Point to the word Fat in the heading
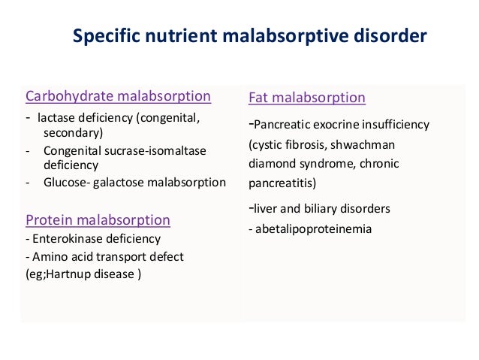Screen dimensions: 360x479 259,98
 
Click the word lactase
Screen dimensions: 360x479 57,118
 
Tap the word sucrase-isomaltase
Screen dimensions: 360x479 152,150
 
